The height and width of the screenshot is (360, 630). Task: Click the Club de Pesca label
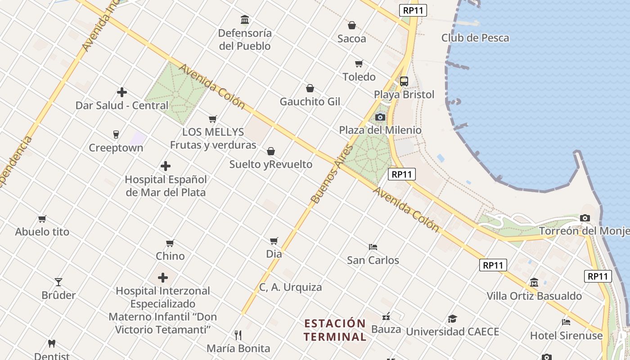[475, 38]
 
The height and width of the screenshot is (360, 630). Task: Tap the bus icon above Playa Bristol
[404, 81]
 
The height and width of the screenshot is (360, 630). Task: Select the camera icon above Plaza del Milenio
[380, 117]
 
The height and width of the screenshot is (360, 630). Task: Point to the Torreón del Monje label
[584, 231]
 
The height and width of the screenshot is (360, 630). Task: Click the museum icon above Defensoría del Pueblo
[245, 20]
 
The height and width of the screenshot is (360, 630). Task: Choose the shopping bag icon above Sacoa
[352, 26]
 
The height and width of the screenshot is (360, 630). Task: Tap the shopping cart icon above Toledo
[359, 64]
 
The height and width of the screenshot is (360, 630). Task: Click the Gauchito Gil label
[310, 102]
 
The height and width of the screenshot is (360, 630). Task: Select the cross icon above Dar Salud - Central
[122, 92]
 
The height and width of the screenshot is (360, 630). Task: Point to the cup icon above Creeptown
[116, 135]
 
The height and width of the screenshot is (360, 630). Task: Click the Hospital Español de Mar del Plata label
[166, 186]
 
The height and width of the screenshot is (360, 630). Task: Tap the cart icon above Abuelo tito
[42, 219]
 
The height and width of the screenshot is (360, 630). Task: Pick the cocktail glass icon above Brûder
[58, 282]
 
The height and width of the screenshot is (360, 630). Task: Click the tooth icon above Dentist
[52, 344]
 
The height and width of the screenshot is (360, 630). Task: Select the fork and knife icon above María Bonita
[238, 335]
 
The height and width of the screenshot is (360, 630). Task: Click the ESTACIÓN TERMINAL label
[335, 330]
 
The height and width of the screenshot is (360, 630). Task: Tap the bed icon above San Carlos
[373, 247]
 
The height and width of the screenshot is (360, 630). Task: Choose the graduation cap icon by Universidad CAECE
[452, 319]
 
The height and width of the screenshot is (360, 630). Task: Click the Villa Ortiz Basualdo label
[534, 296]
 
